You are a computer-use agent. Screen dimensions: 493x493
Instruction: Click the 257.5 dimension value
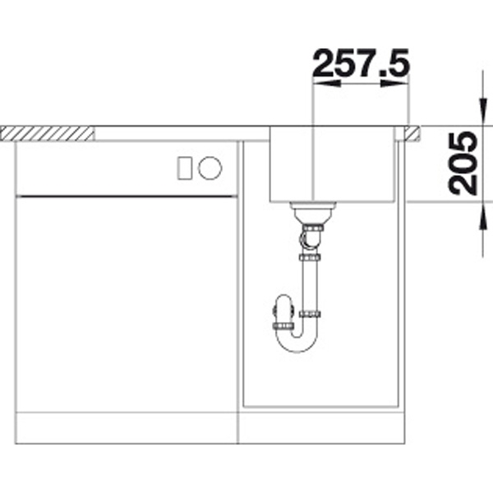(362, 63)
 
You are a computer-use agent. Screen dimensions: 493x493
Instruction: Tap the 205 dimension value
(463, 164)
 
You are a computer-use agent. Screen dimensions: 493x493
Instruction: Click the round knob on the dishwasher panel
(210, 168)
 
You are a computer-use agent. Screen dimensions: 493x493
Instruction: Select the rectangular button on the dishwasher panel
(185, 168)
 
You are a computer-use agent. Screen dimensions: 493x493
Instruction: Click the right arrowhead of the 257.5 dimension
(394, 84)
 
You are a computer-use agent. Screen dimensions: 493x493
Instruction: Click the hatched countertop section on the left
(47, 133)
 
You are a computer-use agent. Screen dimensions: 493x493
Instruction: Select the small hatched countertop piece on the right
(412, 133)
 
